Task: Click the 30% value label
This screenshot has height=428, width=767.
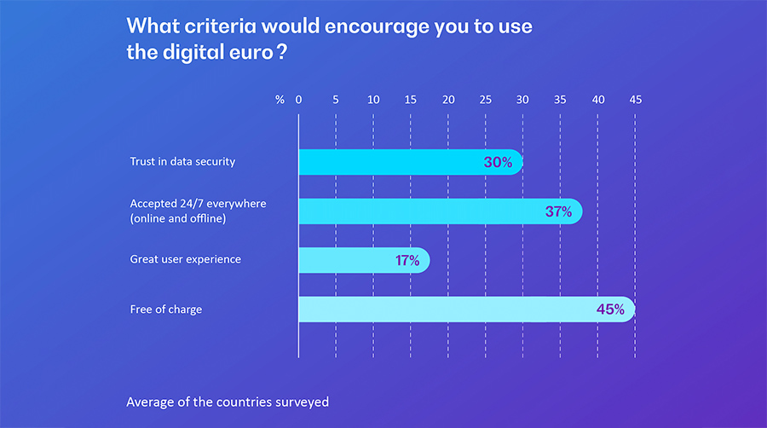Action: click(498, 162)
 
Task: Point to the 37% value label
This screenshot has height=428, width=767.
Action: click(558, 211)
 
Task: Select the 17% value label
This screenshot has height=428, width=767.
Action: click(407, 260)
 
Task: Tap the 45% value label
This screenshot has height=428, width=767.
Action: click(610, 309)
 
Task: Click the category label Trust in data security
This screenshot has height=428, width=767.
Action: click(182, 161)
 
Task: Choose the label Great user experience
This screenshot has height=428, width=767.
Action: click(185, 259)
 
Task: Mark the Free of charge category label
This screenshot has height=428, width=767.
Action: click(166, 309)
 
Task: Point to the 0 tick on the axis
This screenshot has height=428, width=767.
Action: click(299, 100)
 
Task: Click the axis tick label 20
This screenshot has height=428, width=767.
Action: click(448, 100)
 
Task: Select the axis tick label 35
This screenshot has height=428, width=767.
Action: click(560, 100)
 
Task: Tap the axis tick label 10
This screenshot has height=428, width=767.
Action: click(373, 100)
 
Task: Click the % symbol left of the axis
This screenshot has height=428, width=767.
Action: click(280, 100)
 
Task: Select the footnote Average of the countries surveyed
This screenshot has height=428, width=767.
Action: click(228, 401)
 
